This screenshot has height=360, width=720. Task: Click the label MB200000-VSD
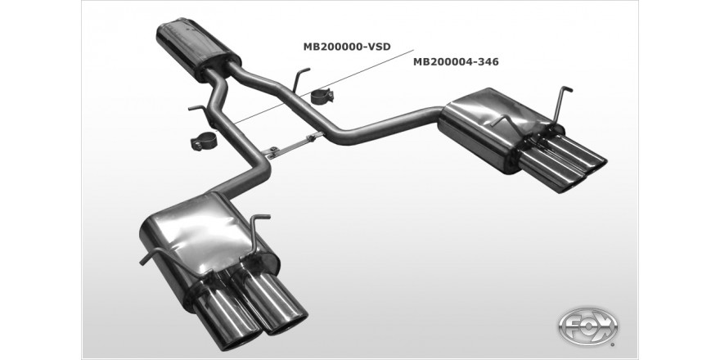pos(347,47)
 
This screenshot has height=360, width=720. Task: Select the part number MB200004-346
pos(456,61)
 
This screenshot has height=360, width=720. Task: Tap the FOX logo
pos(587,327)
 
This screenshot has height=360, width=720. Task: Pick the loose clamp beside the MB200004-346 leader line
pos(323,97)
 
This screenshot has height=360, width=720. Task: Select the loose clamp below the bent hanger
pos(204,141)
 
